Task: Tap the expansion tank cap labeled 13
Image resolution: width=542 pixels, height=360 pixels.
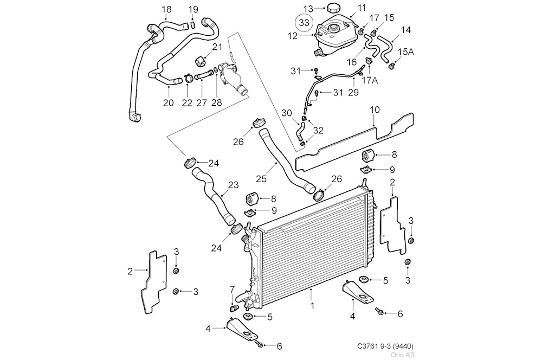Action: click(x=332, y=8)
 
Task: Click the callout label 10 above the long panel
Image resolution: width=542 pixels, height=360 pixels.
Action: click(x=375, y=111)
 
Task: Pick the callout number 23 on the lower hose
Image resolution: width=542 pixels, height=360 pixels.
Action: click(x=233, y=185)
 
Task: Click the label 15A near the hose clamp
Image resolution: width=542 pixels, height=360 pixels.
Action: click(x=406, y=52)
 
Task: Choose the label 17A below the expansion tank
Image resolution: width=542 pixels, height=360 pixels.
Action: click(x=369, y=80)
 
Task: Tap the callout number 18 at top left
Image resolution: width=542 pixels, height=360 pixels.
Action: click(x=166, y=9)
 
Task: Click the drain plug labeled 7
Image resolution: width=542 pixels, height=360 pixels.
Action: click(x=235, y=307)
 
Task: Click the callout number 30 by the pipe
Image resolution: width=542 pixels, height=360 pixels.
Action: click(x=287, y=113)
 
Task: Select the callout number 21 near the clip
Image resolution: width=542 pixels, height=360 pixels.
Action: click(x=217, y=47)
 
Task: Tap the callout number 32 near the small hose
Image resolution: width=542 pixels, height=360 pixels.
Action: click(x=319, y=130)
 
